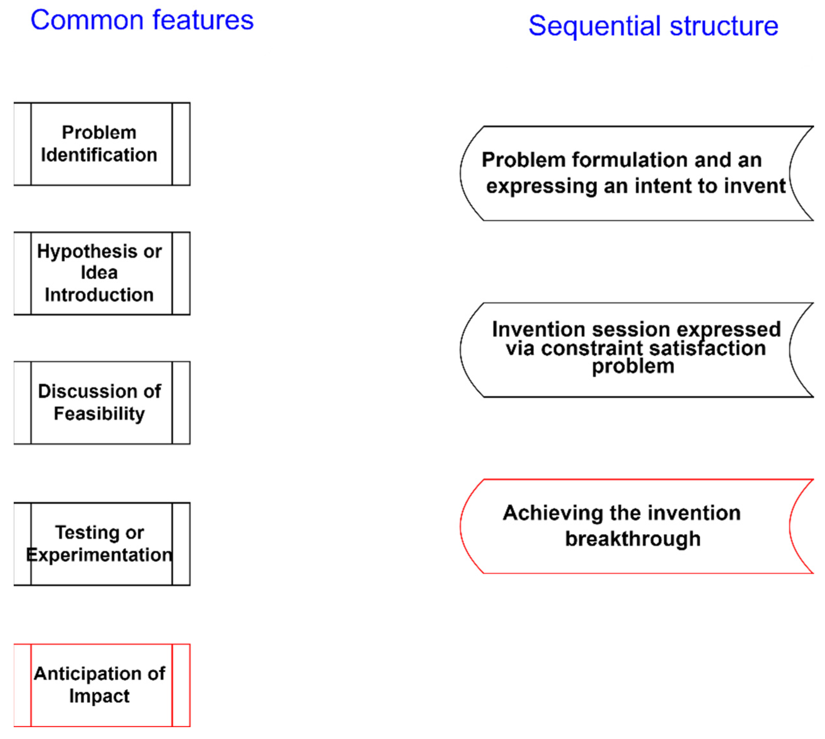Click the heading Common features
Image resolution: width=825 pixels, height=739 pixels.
coord(142,20)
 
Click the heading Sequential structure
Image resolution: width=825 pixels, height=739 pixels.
coord(653,26)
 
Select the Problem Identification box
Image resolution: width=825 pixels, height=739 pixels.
coord(102,144)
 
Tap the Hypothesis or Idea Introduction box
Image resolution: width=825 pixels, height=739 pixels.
coord(102,273)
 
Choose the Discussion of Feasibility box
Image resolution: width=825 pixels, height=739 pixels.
coord(102,402)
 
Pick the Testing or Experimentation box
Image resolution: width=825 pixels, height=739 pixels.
coord(102,544)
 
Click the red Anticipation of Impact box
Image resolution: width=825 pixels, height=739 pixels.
coord(102,685)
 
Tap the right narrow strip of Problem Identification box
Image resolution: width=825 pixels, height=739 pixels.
coord(181,144)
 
